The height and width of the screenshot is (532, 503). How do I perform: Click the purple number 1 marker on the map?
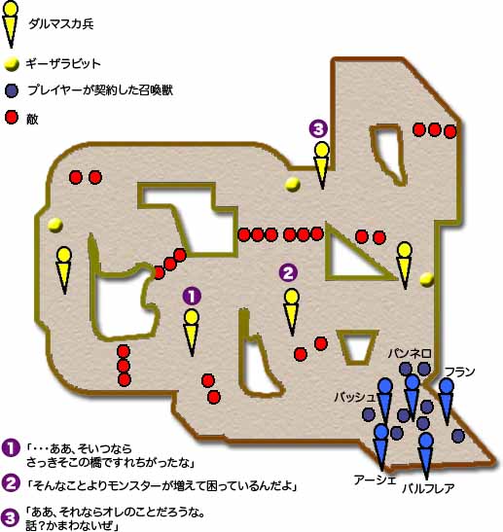192,297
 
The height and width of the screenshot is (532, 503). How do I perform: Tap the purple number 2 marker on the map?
288,272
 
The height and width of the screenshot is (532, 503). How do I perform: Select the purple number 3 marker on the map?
318,128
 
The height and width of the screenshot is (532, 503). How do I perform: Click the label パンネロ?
410,354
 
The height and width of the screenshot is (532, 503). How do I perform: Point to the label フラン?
459,372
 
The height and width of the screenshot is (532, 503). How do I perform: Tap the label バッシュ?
355,397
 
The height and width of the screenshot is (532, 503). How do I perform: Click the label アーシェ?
375,480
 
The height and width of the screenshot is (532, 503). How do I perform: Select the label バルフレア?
428,488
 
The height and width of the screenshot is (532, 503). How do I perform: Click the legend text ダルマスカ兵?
61,24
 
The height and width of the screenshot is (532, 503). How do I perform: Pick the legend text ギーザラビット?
63,64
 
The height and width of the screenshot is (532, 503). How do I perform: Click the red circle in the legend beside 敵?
12,118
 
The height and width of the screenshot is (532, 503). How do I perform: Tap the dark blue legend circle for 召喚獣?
12,90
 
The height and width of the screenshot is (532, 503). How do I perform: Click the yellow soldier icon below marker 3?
322,165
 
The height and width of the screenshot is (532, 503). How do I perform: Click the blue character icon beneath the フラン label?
447,402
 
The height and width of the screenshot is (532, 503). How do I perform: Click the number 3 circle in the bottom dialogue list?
10,517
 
